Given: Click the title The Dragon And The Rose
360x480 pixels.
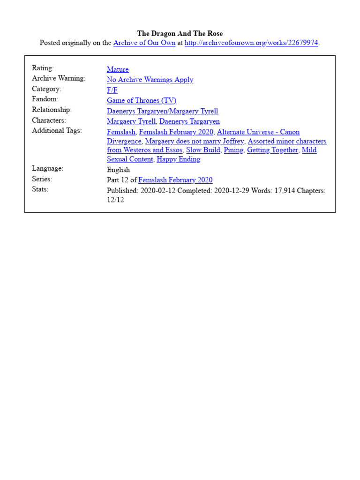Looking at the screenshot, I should click(x=180, y=33).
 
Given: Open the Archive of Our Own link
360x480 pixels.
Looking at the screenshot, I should click(x=144, y=43).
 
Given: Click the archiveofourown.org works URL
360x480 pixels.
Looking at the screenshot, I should click(x=251, y=43).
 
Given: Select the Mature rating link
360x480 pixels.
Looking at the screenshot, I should click(x=118, y=69).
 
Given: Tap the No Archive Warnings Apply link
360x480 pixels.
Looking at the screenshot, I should click(x=150, y=80).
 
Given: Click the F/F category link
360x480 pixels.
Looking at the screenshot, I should click(x=112, y=90).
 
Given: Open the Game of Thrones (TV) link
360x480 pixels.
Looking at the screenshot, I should click(x=142, y=100).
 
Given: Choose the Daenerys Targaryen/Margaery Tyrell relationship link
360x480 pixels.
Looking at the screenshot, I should click(x=162, y=111).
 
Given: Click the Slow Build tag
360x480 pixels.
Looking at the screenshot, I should click(x=203, y=150).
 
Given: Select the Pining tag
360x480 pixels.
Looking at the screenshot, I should click(x=233, y=150).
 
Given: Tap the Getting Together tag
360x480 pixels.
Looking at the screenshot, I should click(x=272, y=150).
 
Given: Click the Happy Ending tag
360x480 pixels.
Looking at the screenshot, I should click(x=178, y=159).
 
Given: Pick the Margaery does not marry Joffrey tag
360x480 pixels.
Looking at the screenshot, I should click(x=195, y=141).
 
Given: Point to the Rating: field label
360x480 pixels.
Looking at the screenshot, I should click(x=43, y=68).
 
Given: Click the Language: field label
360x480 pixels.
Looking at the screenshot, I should click(x=47, y=168).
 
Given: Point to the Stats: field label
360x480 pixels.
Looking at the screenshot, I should click(x=40, y=189).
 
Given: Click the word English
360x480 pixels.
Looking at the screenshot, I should click(x=118, y=170).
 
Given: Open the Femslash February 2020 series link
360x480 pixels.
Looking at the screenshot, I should click(x=175, y=180).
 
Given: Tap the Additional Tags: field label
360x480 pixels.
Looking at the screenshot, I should click(x=57, y=131).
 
